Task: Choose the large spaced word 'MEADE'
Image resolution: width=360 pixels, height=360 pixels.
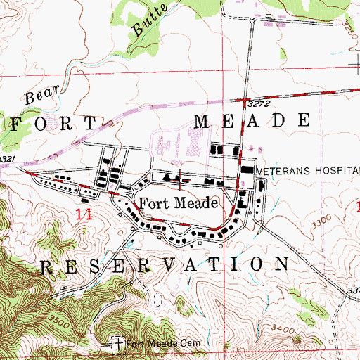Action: pos(251,121)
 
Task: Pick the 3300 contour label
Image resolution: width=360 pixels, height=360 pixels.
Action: pos(321,221)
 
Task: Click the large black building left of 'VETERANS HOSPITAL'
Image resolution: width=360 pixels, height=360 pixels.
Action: pos(247,170)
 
